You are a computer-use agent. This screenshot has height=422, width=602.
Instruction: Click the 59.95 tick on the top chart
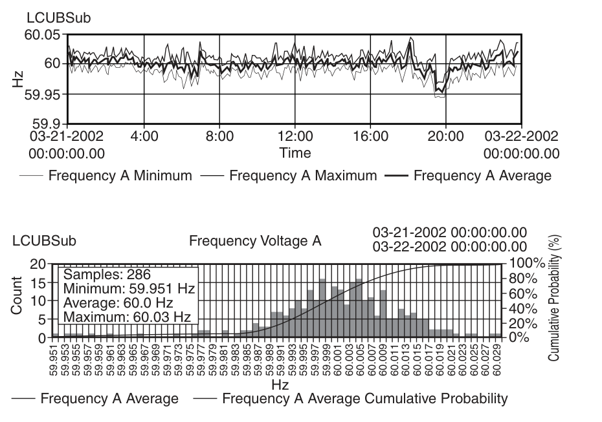tap(43, 94)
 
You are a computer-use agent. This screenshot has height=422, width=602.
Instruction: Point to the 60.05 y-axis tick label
tap(43, 35)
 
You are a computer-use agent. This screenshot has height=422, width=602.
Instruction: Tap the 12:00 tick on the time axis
tap(295, 136)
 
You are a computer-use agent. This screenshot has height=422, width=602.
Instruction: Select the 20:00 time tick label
tap(447, 136)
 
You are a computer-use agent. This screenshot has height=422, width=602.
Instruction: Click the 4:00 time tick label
tap(144, 136)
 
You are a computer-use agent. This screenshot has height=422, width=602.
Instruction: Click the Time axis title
tap(295, 153)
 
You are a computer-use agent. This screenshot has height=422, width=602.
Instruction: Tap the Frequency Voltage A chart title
tap(255, 241)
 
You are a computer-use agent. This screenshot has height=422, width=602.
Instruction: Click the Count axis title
tap(17, 296)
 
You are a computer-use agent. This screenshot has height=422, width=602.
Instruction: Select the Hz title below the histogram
tap(280, 385)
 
